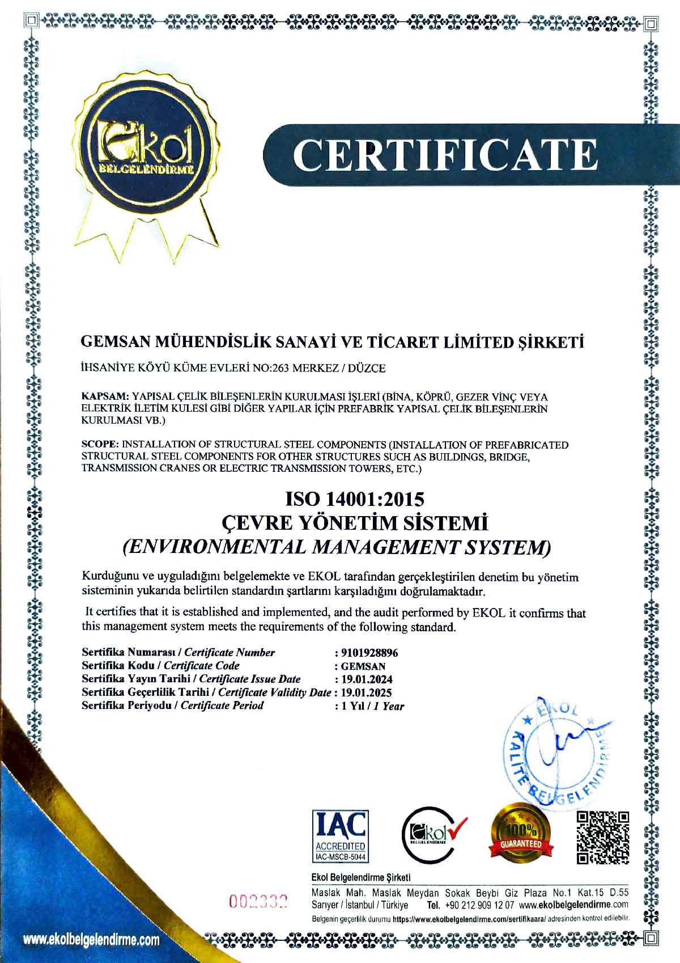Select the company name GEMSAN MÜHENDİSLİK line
pyautogui.click(x=333, y=342)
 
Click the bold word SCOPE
pyautogui.click(x=100, y=444)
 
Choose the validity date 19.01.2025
pyautogui.click(x=366, y=692)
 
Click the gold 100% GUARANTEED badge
pyautogui.click(x=518, y=833)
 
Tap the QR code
pyautogui.click(x=603, y=838)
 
